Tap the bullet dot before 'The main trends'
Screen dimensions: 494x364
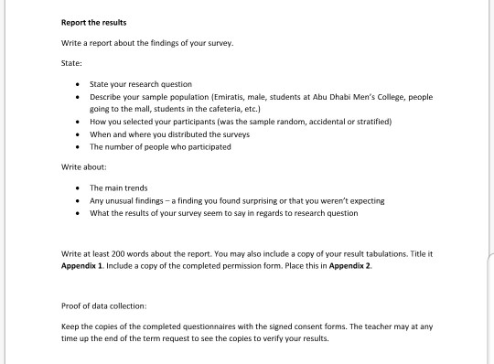click(80, 187)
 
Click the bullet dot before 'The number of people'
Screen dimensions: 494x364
click(80, 146)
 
